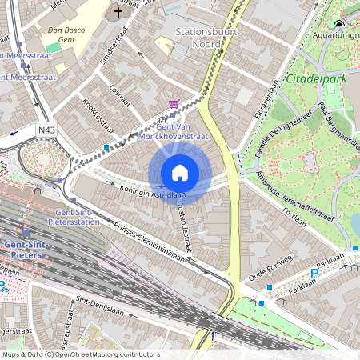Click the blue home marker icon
coord(180,173)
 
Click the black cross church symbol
coord(119,13)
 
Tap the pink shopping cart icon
coord(174,104)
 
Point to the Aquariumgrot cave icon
coord(339,25)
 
